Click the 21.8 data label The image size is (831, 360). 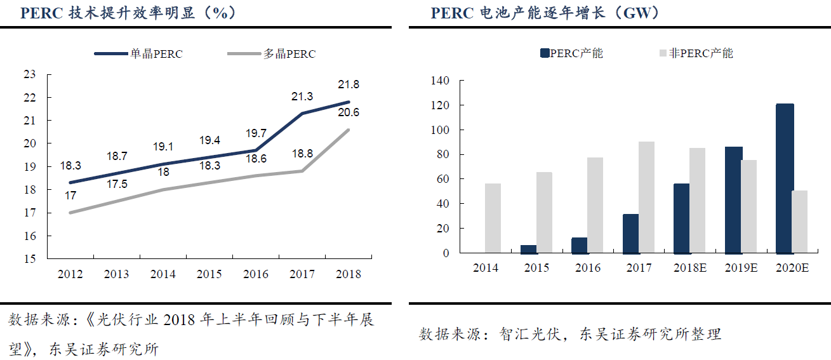pyautogui.click(x=348, y=84)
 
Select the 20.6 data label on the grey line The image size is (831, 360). pyautogui.click(x=348, y=113)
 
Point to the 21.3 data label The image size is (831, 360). pyautogui.click(x=302, y=97)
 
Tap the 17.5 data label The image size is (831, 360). pyautogui.click(x=116, y=184)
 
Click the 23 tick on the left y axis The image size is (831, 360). pyautogui.click(x=30, y=74)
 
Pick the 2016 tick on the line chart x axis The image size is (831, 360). pyautogui.click(x=256, y=274)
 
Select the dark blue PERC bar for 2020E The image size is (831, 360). pyautogui.click(x=785, y=178)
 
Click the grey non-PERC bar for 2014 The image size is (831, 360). pyautogui.click(x=493, y=218)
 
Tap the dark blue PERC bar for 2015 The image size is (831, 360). pyautogui.click(x=528, y=249)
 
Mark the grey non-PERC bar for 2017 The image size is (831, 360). pyautogui.click(x=646, y=197)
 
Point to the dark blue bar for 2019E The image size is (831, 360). pyautogui.click(x=733, y=200)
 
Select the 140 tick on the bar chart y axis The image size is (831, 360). pyautogui.click(x=439, y=81)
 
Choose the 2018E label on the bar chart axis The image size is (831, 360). pyautogui.click(x=689, y=268)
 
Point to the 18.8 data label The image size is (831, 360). pyautogui.click(x=302, y=153)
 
